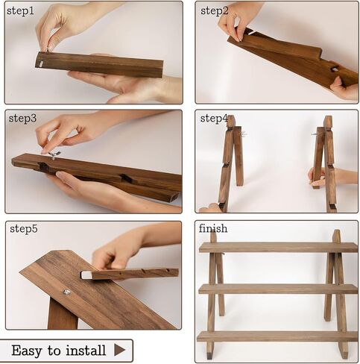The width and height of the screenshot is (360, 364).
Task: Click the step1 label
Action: click(20, 11)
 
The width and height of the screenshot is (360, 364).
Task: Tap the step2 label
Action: click(214, 11)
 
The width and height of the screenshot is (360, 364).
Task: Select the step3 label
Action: click(22, 119)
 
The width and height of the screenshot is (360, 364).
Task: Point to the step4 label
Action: click(214, 119)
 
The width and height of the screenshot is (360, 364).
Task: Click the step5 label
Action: click(24, 229)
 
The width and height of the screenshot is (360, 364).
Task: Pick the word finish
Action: click(213, 228)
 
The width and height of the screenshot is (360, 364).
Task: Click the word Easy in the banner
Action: click(27, 351)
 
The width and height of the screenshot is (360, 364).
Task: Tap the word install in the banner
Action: click(86, 350)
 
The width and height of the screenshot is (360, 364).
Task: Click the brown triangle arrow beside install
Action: click(119, 350)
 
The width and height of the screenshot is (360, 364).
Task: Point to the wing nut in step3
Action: click(54, 155)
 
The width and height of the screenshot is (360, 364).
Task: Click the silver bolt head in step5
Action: click(66, 292)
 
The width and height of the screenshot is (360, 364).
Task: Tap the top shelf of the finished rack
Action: click(278, 248)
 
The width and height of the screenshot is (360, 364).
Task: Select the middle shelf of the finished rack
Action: click(278, 289)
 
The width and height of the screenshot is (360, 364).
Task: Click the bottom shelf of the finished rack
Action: click(277, 336)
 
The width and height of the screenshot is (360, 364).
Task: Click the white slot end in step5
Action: click(86, 275)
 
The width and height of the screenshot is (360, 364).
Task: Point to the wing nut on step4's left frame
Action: click(244, 134)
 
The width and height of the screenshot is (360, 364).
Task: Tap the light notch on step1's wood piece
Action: click(40, 64)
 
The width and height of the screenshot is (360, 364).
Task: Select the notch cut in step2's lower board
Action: click(334, 68)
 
